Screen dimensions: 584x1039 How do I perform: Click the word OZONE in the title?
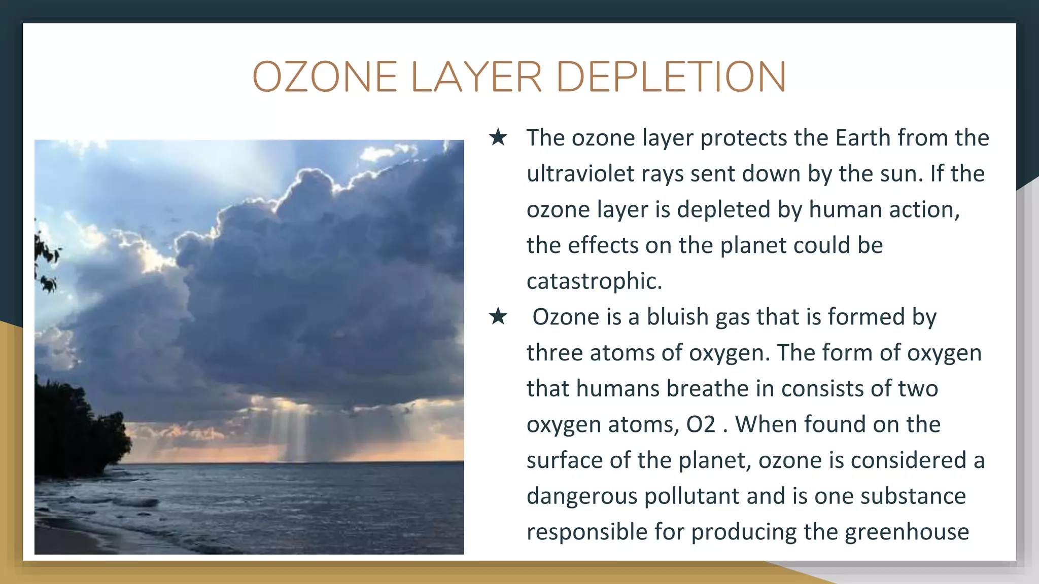(x=325, y=77)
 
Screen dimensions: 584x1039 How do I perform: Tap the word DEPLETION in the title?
(x=671, y=77)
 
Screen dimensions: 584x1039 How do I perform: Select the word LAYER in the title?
(x=476, y=77)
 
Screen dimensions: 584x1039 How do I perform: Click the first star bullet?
(x=498, y=137)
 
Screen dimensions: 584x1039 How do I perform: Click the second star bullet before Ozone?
(x=498, y=317)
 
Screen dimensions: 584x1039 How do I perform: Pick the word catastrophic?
(x=594, y=281)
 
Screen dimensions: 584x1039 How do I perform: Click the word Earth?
(x=862, y=138)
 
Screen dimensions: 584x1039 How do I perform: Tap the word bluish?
(x=677, y=317)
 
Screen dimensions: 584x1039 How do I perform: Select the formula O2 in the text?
(x=701, y=424)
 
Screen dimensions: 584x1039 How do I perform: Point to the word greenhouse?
(x=907, y=532)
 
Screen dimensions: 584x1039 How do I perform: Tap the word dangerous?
(x=581, y=496)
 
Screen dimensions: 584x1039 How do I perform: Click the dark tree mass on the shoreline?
(x=76, y=431)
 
